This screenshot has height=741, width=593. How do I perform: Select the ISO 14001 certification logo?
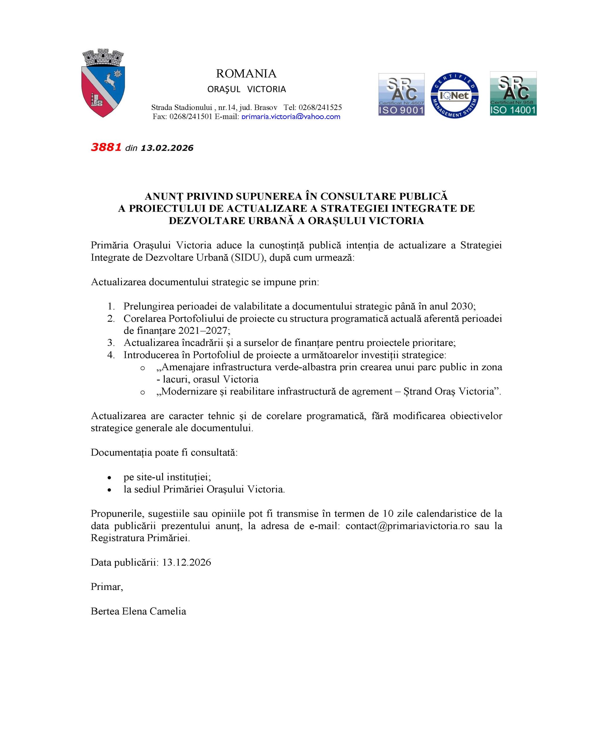513,93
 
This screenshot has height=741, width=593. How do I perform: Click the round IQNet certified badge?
455,95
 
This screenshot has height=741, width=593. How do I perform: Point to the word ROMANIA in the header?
246,74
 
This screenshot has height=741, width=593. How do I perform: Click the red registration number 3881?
106,147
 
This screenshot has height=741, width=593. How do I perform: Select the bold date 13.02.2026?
167,148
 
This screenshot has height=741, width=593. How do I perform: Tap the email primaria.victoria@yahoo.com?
291,117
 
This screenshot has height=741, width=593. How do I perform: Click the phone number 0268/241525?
320,107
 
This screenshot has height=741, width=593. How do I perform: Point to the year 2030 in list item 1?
462,306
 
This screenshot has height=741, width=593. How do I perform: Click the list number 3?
111,343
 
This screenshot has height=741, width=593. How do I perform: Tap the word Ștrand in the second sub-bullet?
417,391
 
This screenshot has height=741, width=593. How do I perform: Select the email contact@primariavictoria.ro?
407,526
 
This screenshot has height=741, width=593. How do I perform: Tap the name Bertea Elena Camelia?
138,611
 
